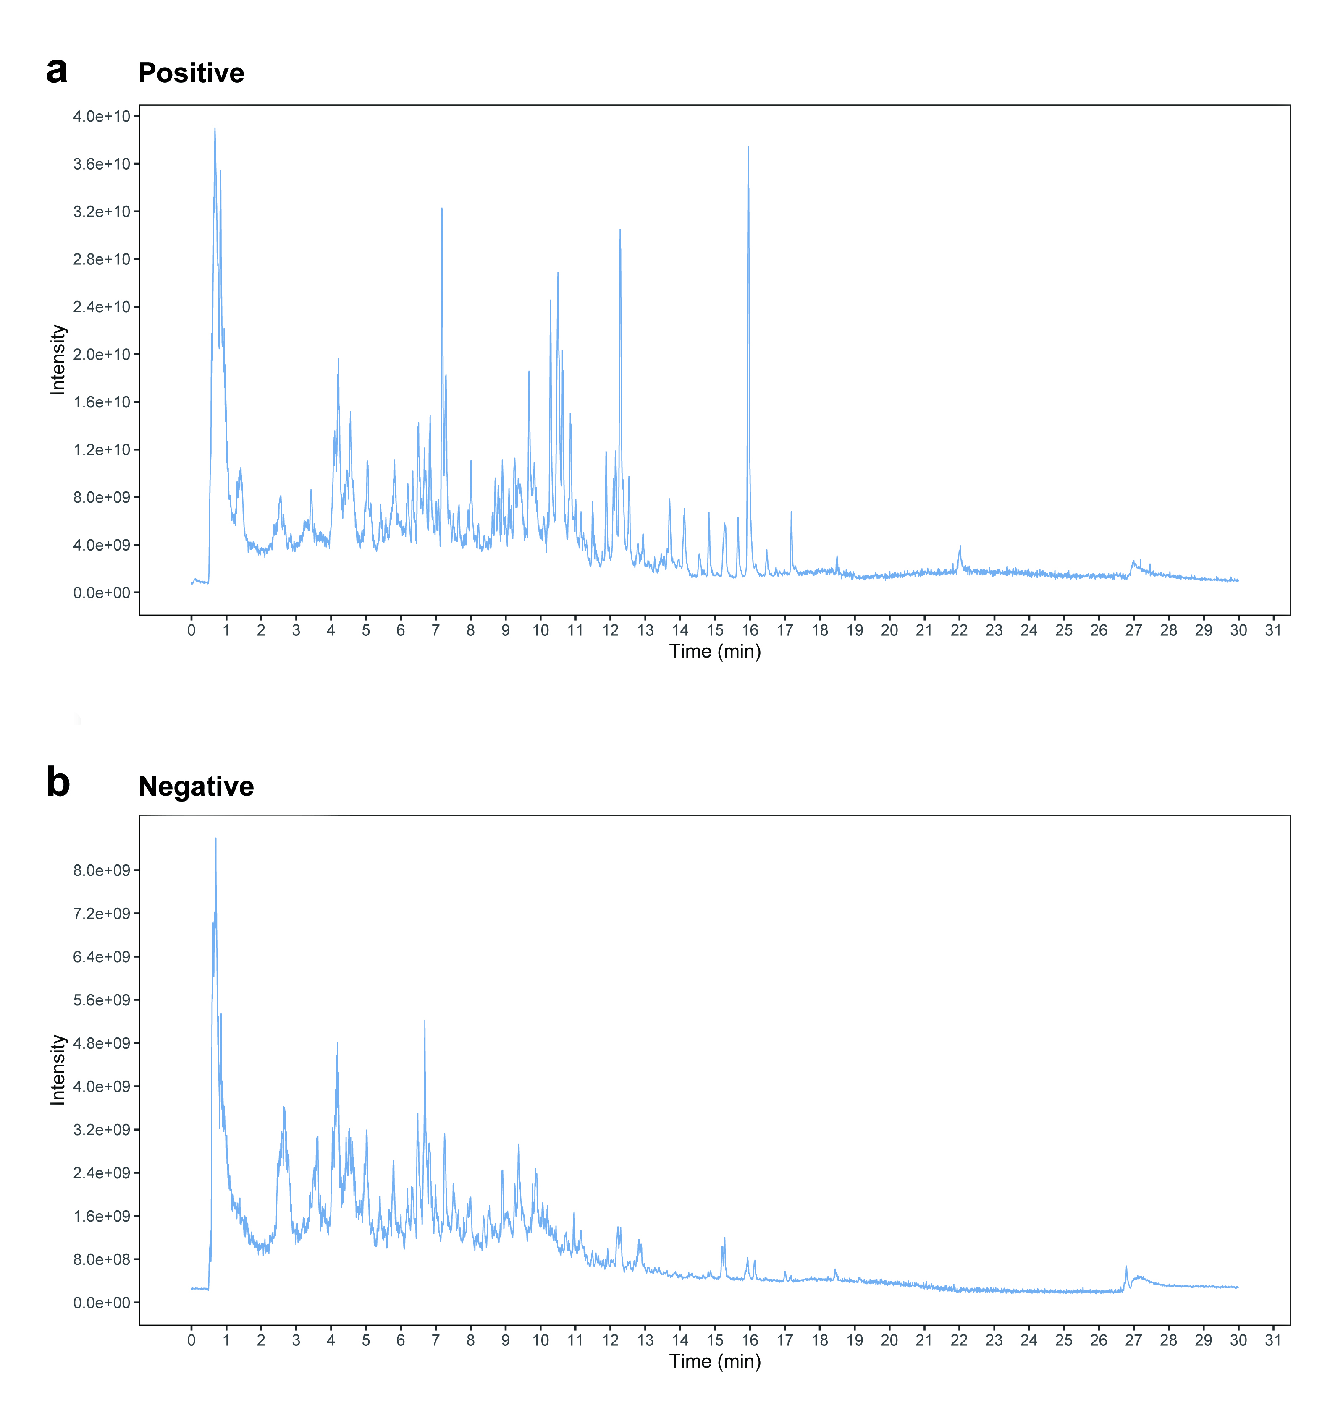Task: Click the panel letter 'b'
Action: [58, 783]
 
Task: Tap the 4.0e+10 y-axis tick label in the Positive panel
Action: [101, 116]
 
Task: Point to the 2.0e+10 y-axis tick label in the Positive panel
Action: [101, 354]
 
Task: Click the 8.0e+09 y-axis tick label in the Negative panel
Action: [101, 870]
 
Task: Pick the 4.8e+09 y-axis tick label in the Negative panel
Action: [101, 1043]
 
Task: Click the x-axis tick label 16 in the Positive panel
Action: [750, 630]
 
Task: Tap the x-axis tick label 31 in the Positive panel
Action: [1273, 630]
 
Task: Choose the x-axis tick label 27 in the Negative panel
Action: [1133, 1340]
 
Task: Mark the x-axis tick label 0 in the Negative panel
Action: [191, 1340]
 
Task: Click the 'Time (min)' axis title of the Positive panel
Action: [715, 651]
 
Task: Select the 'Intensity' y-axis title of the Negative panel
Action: [58, 1070]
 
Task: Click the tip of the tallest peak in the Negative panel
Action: [215, 839]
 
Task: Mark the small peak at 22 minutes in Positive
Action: [960, 546]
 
